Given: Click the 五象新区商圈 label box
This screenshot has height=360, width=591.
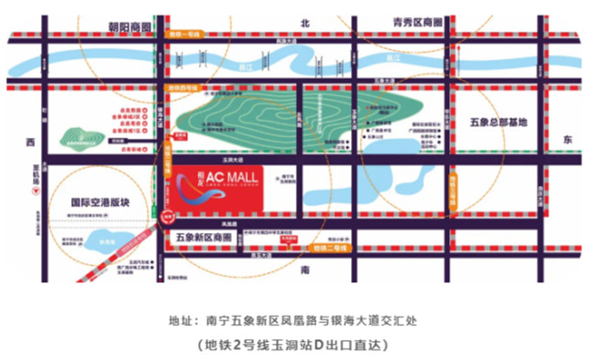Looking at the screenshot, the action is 209,236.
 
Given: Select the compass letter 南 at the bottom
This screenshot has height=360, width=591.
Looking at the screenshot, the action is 305,270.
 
